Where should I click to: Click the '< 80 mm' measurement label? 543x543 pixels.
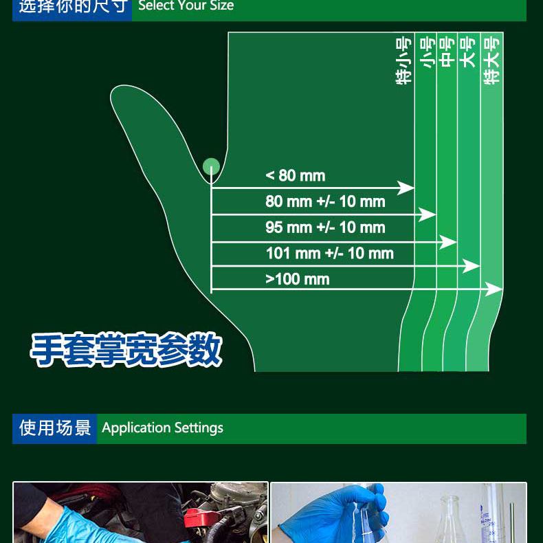[296, 175]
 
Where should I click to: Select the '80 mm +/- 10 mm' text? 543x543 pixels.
[325, 201]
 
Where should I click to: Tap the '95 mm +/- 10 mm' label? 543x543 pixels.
[325, 228]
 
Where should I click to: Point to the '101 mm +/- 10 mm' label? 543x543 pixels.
[330, 254]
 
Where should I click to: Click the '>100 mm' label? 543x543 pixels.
[298, 279]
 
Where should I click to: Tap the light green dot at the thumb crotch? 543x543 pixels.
[211, 166]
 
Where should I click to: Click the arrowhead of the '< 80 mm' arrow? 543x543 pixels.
[406, 188]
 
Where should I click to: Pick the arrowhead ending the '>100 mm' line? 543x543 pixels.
[494, 289]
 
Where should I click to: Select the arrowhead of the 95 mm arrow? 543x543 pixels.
[448, 242]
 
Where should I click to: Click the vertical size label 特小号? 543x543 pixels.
[403, 61]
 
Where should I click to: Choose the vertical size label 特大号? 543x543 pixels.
[492, 61]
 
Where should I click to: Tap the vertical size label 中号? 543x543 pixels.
[447, 52]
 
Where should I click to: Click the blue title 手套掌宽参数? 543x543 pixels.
[126, 349]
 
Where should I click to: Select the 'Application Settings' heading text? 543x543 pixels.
[162, 428]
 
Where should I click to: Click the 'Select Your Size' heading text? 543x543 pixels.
[186, 5]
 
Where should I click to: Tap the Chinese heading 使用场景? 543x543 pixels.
[55, 428]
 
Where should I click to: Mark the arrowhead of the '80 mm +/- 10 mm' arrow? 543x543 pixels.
[427, 214]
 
